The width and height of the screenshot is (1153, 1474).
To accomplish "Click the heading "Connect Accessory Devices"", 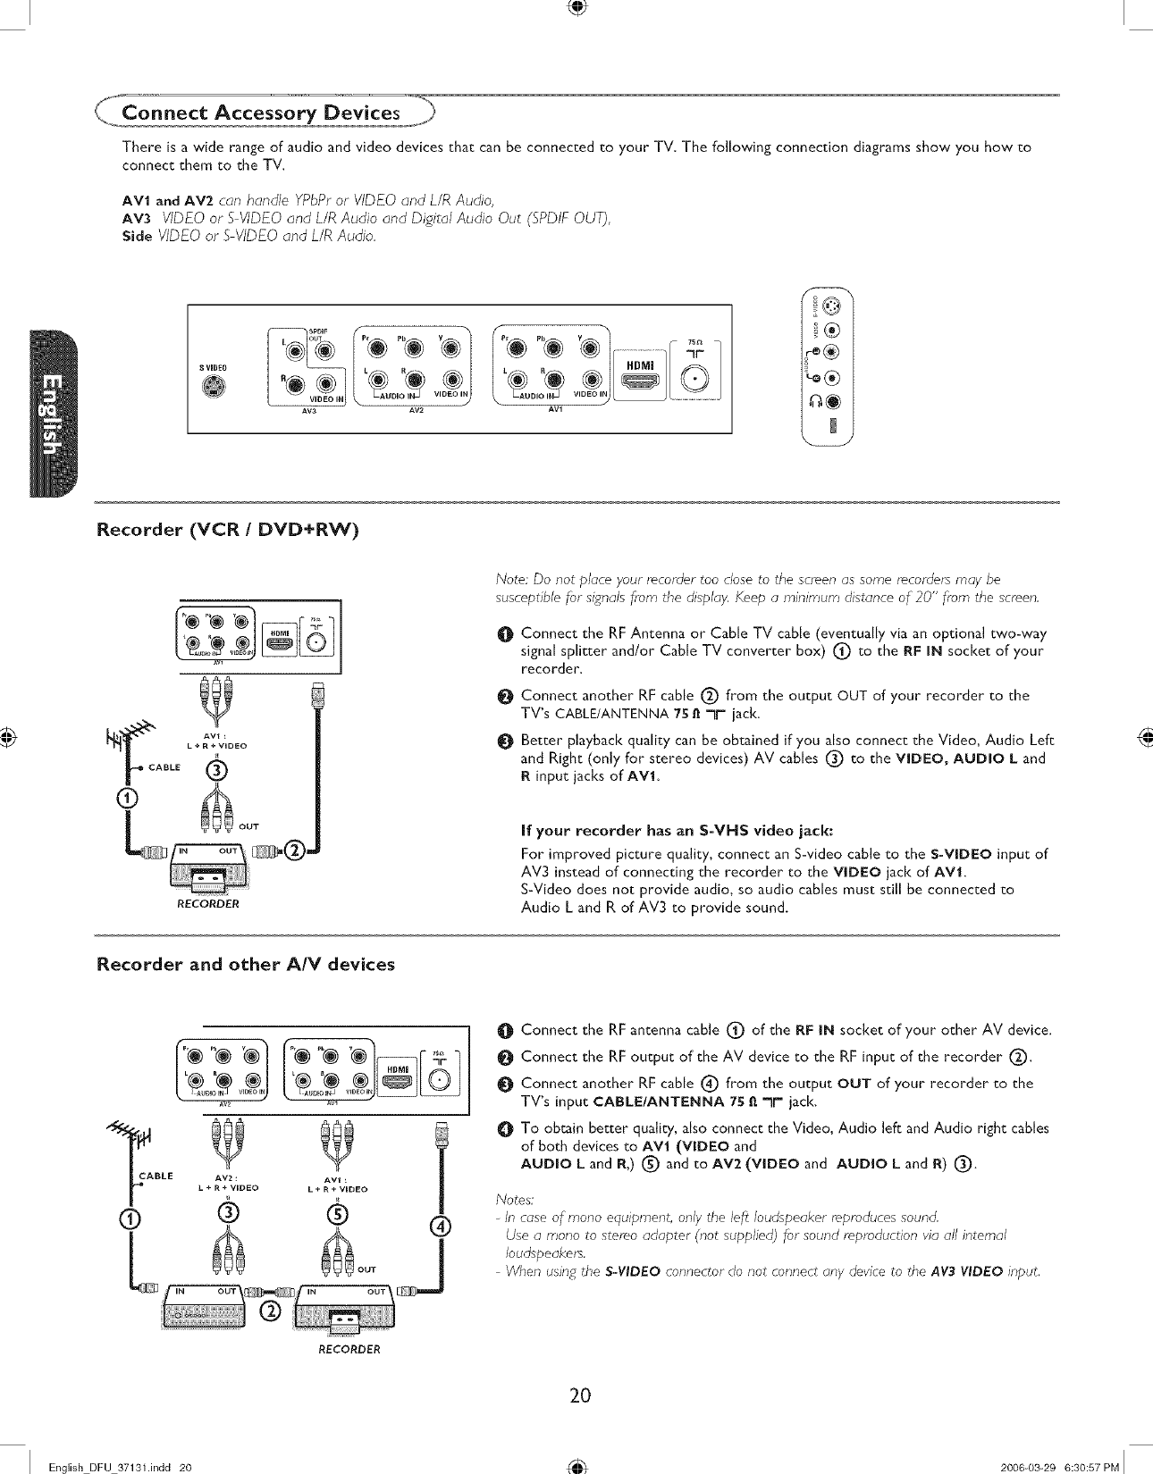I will pos(260,113).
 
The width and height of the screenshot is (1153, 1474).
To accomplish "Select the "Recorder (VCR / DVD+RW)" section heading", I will pos(227,531).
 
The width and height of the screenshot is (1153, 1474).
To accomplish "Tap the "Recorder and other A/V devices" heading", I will pos(245,965).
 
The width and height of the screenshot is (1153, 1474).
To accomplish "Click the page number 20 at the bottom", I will pos(580,1395).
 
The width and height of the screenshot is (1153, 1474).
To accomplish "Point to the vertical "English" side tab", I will pos(53,415).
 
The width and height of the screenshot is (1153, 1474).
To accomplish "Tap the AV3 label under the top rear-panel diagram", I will pos(310,412).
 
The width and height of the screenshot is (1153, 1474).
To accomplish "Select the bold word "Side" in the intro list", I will pos(138,236).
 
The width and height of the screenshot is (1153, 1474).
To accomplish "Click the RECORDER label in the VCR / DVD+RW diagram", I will pos(207,904).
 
